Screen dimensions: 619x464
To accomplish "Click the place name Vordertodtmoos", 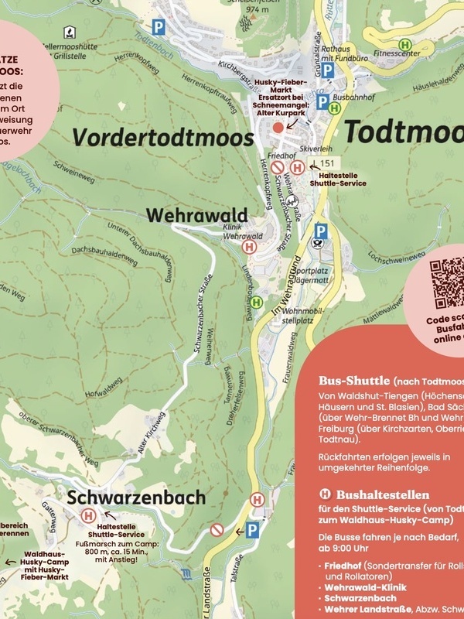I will click(163, 136).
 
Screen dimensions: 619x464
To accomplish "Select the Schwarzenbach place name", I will click(136, 497).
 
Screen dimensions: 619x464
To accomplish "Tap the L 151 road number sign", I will click(328, 163).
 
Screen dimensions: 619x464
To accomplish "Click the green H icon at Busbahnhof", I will click(333, 109).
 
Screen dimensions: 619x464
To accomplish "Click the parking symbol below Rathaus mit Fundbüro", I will click(327, 70).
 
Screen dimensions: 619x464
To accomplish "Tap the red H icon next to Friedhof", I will click(296, 167).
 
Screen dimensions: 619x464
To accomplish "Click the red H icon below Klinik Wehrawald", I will click(250, 246).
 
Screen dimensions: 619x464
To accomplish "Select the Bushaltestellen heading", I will click(370, 494).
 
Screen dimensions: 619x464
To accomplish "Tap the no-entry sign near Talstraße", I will click(217, 530).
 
